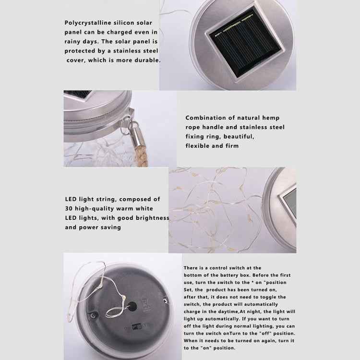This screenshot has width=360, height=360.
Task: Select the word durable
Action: [148, 60]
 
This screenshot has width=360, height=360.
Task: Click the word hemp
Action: [270, 118]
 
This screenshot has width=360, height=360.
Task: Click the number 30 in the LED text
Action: [69, 209]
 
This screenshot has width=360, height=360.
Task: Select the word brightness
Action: [152, 218]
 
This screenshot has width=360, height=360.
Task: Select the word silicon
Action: [130, 23]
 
